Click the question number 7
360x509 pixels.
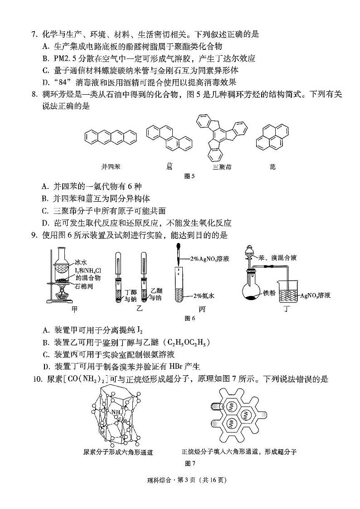click(x=33, y=34)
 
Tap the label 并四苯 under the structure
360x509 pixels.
click(x=110, y=167)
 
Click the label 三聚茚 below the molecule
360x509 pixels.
click(x=222, y=167)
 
